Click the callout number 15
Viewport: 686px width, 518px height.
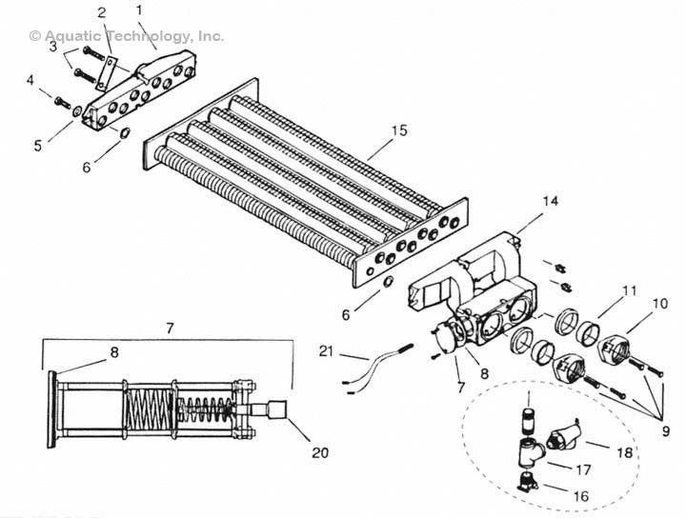point(399,130)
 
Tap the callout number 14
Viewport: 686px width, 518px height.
point(551,201)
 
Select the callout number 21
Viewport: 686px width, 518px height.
point(326,351)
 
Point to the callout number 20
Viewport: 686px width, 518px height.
point(320,452)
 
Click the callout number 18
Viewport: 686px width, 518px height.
point(625,452)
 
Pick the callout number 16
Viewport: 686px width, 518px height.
point(581,496)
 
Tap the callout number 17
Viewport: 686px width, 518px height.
point(583,470)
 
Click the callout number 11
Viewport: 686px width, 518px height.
point(630,290)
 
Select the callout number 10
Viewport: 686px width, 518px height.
point(660,303)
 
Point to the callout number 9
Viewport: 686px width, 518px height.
point(665,431)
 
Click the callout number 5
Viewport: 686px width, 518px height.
point(38,146)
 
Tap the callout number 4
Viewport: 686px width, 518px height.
point(30,80)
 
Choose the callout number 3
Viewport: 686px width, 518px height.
point(53,47)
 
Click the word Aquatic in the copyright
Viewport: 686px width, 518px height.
point(72,36)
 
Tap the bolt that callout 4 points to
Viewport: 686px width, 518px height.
point(62,102)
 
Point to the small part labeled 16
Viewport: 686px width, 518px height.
point(528,483)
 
